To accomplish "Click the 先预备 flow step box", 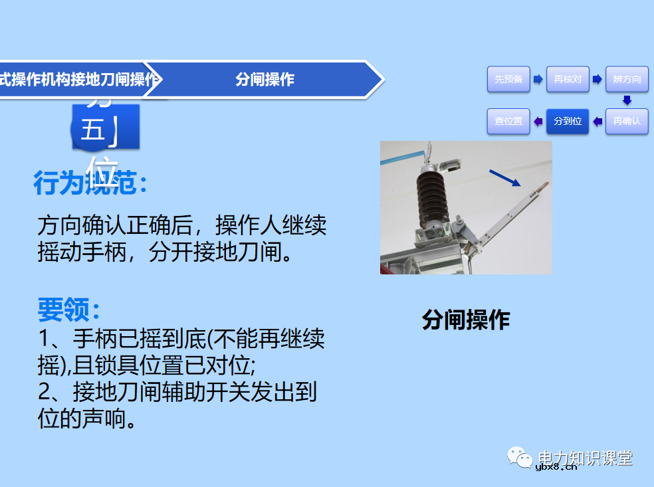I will (508, 79).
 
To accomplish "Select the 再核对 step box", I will (568, 79).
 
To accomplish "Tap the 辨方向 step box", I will (627, 79).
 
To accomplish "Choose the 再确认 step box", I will (627, 121).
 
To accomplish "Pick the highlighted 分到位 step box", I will (568, 121).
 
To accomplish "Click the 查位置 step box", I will (508, 121).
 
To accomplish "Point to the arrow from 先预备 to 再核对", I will (538, 79).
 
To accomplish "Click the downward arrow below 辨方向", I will (626, 100).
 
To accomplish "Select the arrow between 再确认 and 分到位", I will (597, 121).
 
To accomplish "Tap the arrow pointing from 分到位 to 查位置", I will (538, 121).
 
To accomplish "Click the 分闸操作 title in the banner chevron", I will (265, 80).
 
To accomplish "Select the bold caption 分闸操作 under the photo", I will (465, 320).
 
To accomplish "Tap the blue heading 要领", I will (69, 310).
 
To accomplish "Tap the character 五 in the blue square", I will (92, 130).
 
